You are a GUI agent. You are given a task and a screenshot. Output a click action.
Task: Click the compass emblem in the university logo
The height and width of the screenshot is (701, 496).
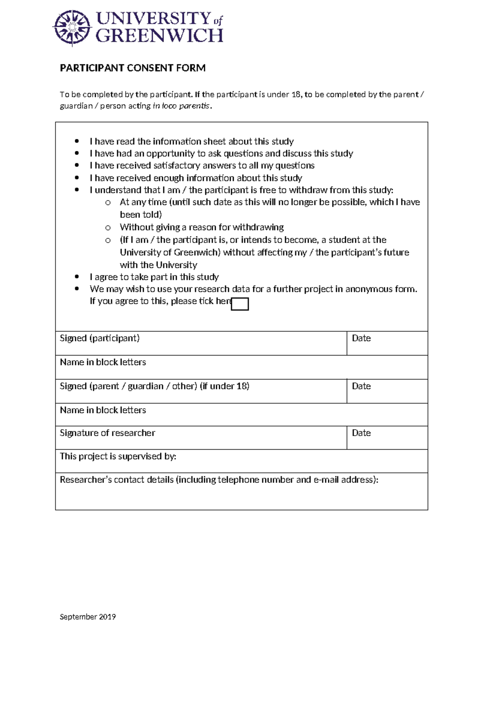pos(72,28)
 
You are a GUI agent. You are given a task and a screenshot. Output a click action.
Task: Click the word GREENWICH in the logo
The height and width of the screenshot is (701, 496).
pos(159,36)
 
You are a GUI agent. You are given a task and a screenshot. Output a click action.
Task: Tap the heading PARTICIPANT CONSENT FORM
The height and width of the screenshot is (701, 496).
pos(133,68)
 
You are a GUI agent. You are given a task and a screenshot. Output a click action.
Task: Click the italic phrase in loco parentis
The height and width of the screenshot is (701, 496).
pos(181,106)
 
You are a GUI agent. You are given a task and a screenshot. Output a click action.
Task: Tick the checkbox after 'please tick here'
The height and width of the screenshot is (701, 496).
pos(240,304)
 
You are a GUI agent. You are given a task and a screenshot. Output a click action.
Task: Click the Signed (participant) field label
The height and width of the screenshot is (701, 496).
pos(100,338)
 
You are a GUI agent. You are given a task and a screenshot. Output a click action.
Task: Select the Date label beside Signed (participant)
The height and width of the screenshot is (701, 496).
pos(361,338)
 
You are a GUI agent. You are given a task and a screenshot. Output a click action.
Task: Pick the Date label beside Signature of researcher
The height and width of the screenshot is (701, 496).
pos(361,433)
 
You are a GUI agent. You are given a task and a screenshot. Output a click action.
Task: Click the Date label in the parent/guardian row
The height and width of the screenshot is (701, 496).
pos(361,386)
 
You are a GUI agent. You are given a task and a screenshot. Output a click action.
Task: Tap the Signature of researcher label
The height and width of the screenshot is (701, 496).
pos(107,433)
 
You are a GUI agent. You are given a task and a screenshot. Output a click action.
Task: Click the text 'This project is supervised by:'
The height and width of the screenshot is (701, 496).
pos(118,456)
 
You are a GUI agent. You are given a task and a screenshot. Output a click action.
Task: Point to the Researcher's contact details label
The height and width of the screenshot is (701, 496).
pos(219,479)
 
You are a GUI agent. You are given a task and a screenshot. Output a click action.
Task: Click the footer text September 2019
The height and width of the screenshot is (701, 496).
pos(88,617)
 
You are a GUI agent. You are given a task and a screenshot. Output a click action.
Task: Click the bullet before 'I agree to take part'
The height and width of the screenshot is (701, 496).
pos(77,277)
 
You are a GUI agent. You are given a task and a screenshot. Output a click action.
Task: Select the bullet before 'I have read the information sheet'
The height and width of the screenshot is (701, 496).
pos(77,141)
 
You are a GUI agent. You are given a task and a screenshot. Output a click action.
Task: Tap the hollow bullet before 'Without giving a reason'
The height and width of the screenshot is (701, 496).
pos(108,228)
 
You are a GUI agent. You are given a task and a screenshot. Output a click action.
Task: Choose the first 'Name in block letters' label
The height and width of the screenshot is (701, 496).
pos(103,362)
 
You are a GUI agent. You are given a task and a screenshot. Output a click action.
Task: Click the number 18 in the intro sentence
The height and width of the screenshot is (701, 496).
pos(296,94)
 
